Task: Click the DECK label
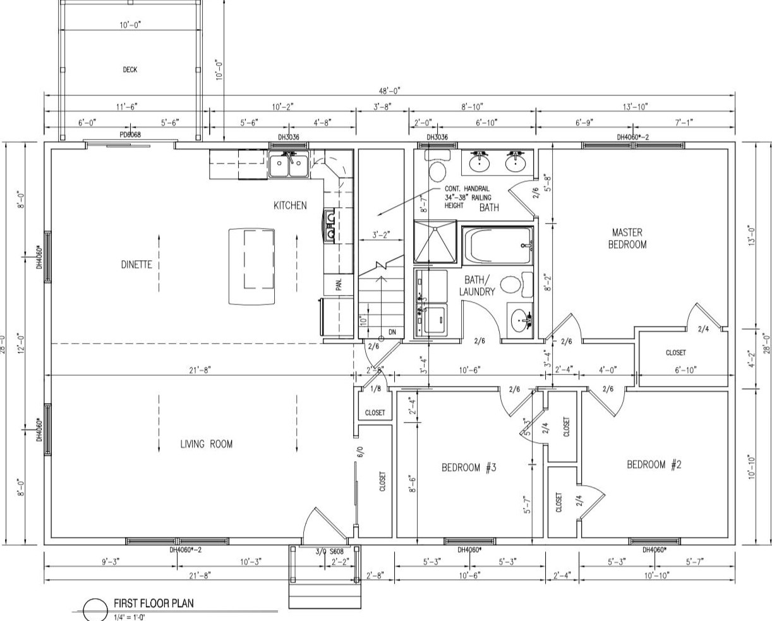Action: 130,70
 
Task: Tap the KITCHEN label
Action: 290,205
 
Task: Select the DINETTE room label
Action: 136,265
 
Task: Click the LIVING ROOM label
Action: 206,444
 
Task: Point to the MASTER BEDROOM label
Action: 627,238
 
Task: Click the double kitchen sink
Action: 288,167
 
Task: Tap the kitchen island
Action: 251,266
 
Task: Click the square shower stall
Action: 435,241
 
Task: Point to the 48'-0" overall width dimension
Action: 390,91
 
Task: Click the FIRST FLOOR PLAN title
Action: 154,603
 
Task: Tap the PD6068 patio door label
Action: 130,135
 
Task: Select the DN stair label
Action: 392,332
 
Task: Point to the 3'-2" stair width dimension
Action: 380,234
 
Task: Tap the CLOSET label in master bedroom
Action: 675,353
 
